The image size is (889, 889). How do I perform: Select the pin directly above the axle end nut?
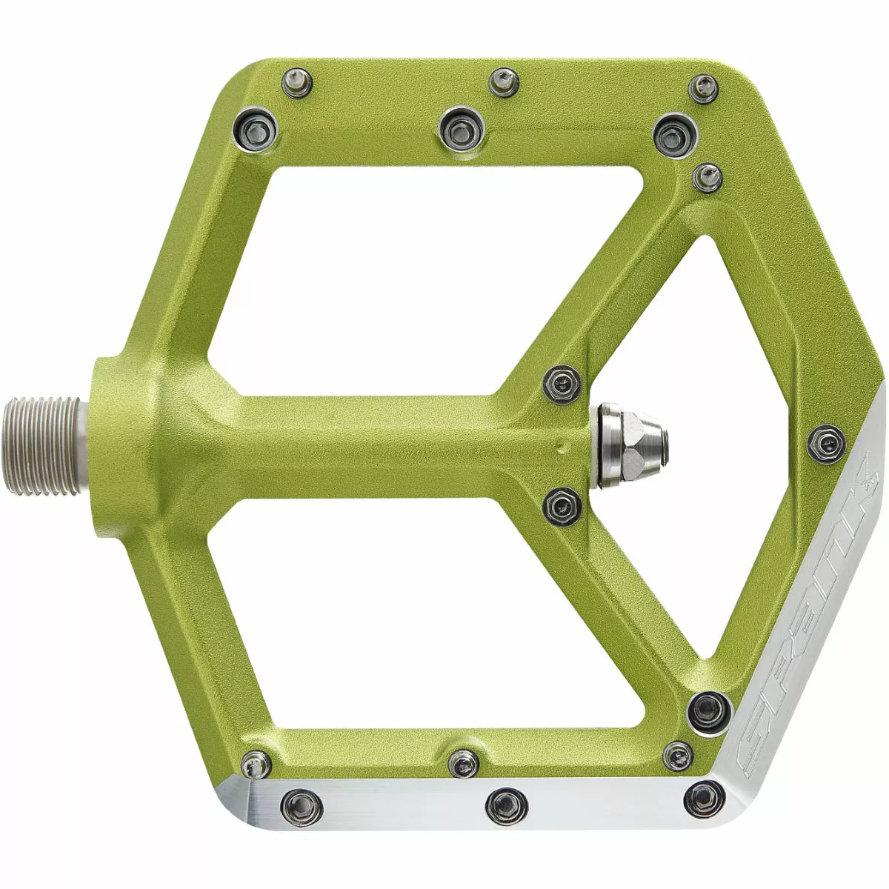pos(562,383)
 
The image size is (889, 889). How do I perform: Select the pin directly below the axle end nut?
pos(562,506)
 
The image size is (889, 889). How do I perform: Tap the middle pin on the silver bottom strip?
pos(507,802)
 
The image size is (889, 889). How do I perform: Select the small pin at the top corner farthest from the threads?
pos(703,88)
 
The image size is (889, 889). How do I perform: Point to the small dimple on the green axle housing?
pos(565,447)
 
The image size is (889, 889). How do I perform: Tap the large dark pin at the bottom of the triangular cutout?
pos(707,709)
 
